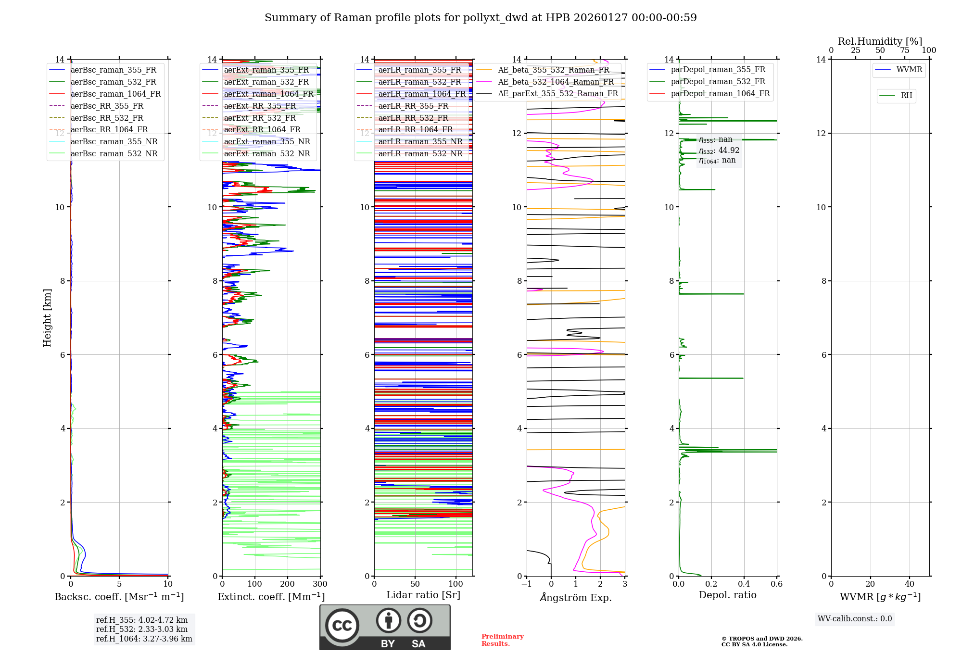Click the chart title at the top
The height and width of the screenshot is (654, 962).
481,18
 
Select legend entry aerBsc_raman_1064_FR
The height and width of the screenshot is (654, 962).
115,94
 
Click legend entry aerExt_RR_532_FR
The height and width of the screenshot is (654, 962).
260,118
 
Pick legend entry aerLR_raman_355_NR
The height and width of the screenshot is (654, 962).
420,141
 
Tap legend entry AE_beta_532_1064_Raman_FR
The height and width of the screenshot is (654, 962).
556,82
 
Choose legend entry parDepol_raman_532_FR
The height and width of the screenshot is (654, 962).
718,82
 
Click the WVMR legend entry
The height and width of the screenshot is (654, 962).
909,70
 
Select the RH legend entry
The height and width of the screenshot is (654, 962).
906,96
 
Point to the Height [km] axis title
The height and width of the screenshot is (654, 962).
47,317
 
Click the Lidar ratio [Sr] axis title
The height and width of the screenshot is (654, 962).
423,595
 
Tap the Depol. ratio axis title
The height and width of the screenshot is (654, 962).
727,595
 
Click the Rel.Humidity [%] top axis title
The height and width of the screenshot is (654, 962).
880,41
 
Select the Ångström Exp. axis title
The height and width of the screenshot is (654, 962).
576,597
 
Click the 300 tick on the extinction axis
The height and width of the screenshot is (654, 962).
320,584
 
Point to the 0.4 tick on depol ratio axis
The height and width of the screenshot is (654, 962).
744,584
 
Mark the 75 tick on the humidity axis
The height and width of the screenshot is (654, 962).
905,50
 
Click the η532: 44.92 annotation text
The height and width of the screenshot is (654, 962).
719,151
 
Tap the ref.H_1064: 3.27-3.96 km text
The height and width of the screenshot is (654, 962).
144,639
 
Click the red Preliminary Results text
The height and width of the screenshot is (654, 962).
502,640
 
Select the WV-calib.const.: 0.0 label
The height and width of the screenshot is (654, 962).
855,619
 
